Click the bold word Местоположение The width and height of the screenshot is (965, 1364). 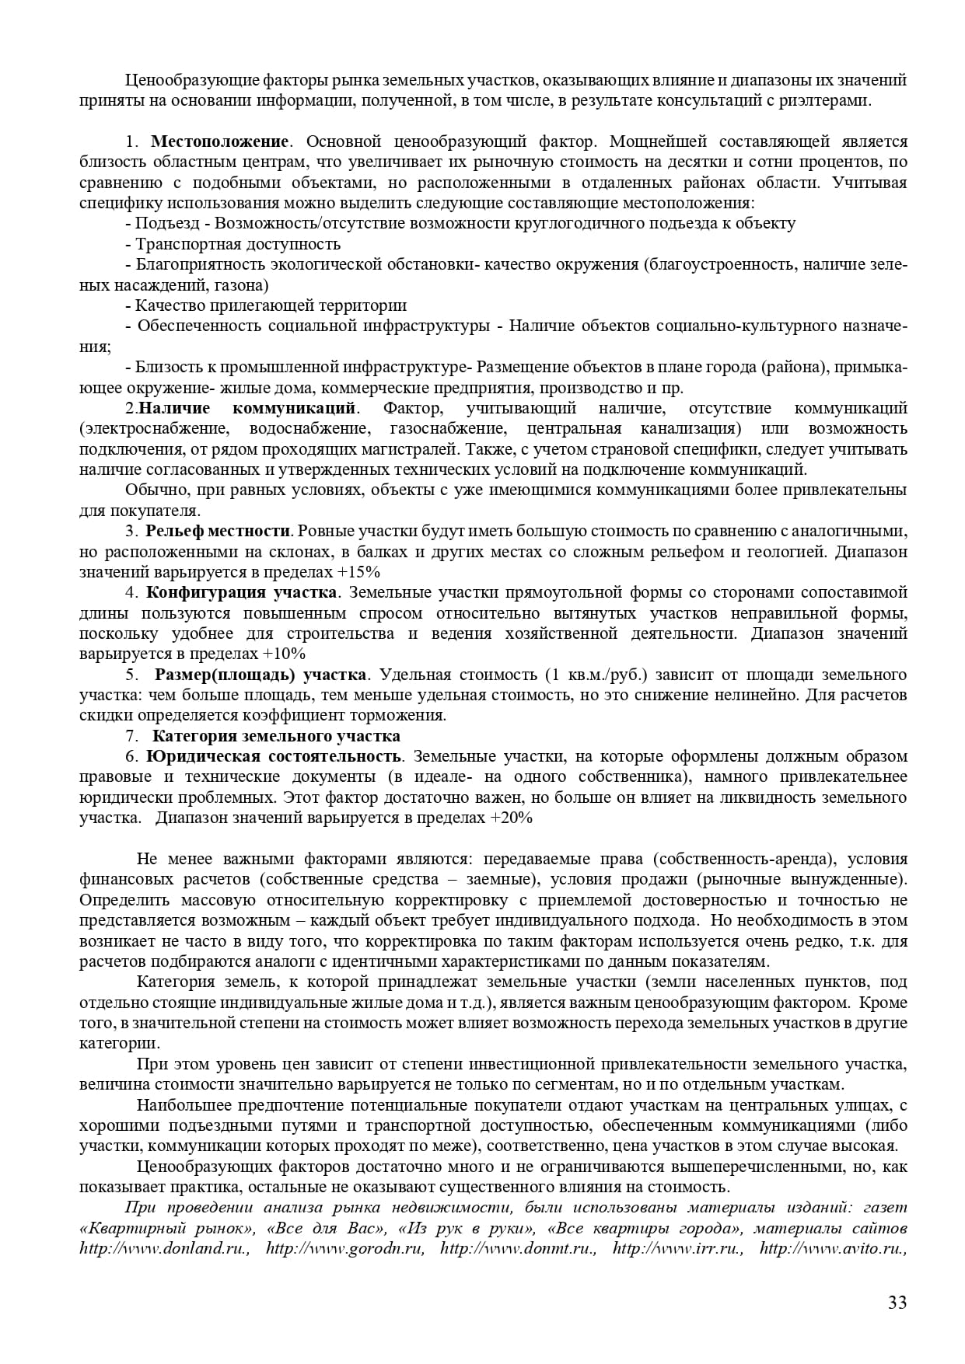(220, 141)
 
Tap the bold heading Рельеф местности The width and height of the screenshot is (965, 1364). (218, 532)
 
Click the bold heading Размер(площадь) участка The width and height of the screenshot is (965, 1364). (260, 674)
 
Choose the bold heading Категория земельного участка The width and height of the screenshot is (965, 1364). (276, 735)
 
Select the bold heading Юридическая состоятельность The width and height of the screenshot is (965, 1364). (274, 756)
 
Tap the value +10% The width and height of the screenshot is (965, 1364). (284, 654)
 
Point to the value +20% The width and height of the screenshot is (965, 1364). (511, 818)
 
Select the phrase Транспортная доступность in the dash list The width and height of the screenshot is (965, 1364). (238, 244)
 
